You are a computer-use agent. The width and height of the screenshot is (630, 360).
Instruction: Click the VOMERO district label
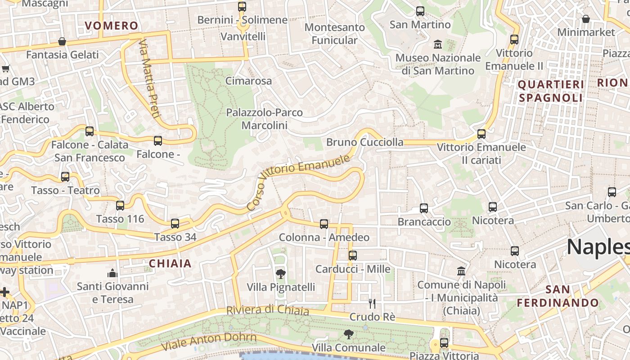[x=111, y=26]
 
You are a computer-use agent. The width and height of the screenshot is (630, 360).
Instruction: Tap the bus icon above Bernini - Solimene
[x=242, y=7]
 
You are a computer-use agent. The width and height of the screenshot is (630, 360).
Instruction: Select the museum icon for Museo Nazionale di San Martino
[x=437, y=44]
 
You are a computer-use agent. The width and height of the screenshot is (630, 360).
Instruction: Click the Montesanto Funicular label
[x=334, y=34]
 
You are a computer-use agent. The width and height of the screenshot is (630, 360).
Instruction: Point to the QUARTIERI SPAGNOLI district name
[x=551, y=91]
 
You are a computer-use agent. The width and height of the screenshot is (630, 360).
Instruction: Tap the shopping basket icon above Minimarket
[x=585, y=19]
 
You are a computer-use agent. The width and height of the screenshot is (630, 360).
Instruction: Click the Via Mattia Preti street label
[x=149, y=79]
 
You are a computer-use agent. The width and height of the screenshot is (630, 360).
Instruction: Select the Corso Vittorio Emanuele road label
[x=298, y=183]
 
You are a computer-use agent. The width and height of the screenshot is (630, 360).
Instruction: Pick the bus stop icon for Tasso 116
[x=120, y=206]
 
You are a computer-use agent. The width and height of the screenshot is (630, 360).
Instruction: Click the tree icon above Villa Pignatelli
[x=280, y=273]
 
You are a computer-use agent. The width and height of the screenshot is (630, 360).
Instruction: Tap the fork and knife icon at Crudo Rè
[x=372, y=304]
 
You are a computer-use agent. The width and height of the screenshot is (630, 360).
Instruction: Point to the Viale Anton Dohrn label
[x=208, y=342]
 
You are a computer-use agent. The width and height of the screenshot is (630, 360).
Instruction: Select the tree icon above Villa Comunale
[x=348, y=334]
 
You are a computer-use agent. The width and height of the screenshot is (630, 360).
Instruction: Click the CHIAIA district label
[x=170, y=264]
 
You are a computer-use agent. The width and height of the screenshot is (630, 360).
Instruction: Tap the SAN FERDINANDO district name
[x=558, y=296]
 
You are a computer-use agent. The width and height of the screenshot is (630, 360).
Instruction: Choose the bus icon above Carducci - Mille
[x=352, y=256]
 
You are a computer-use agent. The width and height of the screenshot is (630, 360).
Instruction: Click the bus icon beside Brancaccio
[x=424, y=208]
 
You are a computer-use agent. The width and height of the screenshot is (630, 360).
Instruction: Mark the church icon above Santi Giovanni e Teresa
[x=112, y=273]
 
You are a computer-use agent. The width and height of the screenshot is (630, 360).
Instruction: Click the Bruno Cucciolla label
[x=365, y=142]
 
